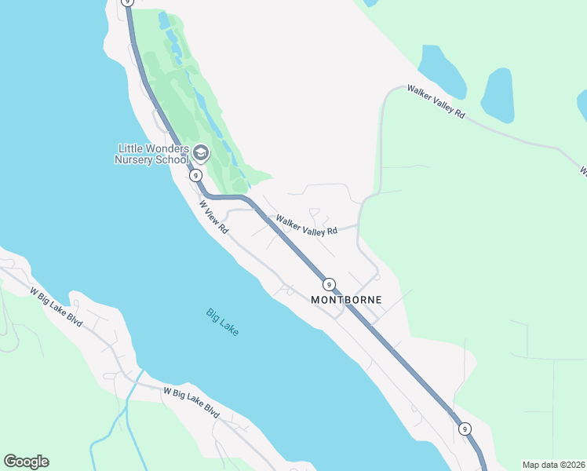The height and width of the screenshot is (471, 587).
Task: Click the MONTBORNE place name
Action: (x=346, y=300)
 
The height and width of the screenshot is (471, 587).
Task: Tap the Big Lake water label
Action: (x=222, y=322)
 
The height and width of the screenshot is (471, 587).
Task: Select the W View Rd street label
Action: (x=213, y=217)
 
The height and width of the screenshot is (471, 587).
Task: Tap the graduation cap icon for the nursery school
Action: (x=201, y=152)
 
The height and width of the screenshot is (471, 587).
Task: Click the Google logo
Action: (x=26, y=462)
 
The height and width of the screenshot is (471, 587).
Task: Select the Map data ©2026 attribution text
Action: (x=552, y=465)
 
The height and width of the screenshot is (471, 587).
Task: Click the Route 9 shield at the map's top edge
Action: (x=127, y=3)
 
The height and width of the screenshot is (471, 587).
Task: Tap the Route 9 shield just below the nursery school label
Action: (x=196, y=176)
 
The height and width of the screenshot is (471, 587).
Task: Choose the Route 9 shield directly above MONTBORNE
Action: (x=329, y=284)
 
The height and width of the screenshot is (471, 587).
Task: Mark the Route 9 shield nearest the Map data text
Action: (x=465, y=429)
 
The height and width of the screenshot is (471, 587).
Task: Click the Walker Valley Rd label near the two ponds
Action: (x=436, y=102)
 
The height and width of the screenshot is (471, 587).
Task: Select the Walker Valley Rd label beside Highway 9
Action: (x=306, y=225)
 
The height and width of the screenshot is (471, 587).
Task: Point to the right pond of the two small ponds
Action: (x=498, y=96)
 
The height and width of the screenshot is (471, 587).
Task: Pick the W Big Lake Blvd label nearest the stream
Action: (x=191, y=400)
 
